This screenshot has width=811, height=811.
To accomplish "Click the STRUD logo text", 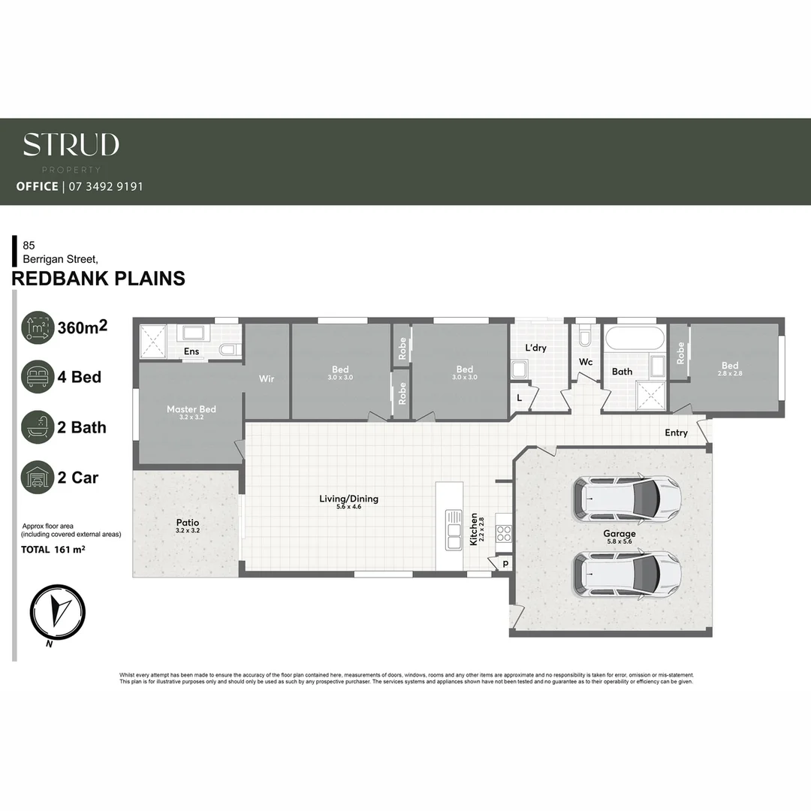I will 71,145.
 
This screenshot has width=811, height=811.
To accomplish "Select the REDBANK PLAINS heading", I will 98,279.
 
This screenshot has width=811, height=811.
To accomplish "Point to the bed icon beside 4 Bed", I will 38,376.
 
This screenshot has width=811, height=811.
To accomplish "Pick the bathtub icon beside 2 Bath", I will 38,427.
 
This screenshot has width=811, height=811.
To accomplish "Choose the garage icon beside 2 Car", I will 38,477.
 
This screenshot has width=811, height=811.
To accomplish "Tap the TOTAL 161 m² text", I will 53,550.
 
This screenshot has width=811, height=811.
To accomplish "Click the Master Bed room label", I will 191,409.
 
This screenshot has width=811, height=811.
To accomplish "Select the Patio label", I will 188,522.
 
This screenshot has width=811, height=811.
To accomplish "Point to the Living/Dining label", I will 348,499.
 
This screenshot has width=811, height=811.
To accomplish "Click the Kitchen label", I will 474,529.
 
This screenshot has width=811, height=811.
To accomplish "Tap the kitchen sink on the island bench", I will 454,529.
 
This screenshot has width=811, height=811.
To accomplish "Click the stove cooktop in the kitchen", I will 504,534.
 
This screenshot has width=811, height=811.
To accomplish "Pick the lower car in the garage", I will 626,574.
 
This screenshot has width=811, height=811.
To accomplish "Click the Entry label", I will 676,433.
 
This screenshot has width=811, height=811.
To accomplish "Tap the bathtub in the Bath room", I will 635,337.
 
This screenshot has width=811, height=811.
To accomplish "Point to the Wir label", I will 267,378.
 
